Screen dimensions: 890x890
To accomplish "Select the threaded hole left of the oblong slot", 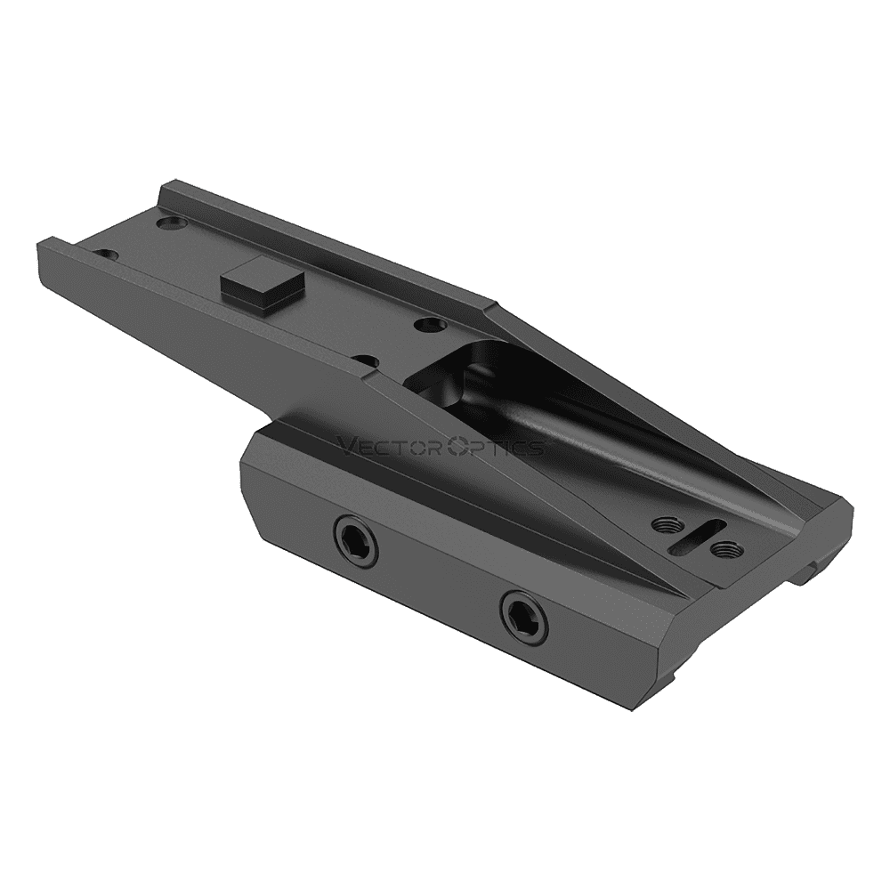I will (662, 524).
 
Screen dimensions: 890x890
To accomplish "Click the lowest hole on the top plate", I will (363, 362).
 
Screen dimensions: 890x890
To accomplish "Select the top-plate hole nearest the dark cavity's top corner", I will (431, 325).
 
